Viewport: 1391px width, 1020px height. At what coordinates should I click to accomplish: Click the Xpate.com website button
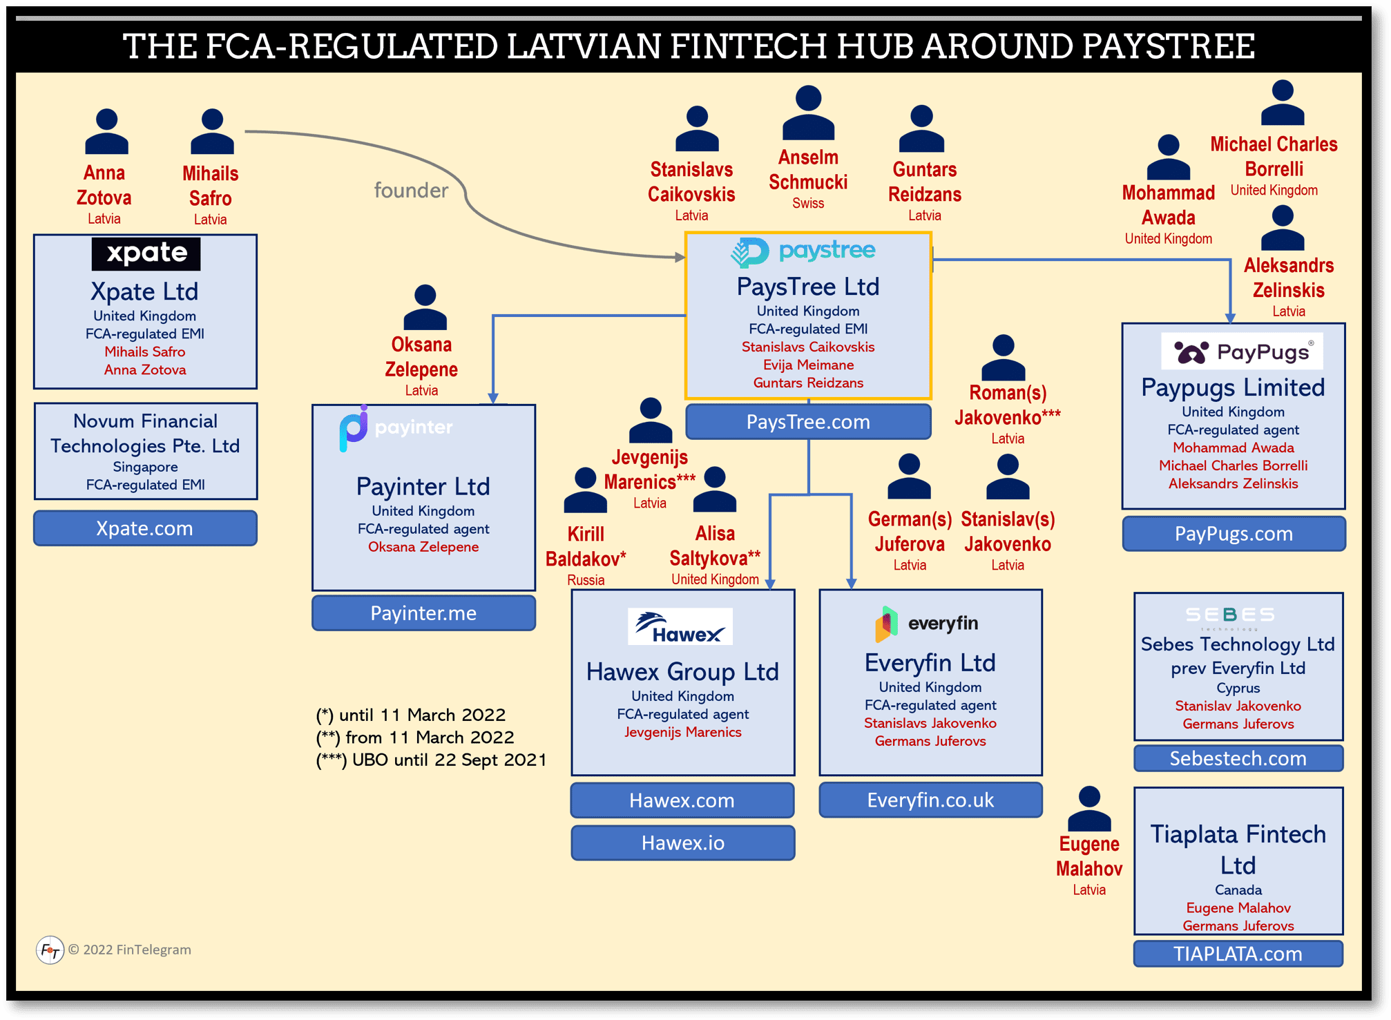click(145, 528)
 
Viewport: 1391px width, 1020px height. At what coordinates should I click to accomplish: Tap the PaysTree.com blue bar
click(808, 422)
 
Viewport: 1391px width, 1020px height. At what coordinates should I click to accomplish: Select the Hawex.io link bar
click(682, 843)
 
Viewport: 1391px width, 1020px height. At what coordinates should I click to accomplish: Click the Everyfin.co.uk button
click(930, 800)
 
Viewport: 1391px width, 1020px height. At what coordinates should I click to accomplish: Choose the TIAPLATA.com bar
click(1238, 954)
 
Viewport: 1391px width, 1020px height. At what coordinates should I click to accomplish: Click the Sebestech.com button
click(1238, 758)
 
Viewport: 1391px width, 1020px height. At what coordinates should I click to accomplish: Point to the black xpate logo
click(146, 253)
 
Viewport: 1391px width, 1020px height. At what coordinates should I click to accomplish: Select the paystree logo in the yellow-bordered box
click(803, 251)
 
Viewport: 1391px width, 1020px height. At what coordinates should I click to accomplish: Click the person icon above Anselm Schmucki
click(808, 113)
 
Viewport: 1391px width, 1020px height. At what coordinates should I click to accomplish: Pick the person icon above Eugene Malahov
click(1089, 809)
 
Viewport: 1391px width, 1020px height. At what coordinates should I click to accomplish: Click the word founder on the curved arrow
click(411, 190)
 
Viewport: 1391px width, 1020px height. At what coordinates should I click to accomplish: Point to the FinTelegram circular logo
click(50, 950)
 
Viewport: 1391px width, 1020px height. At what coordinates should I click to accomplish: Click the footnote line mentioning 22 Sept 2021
click(431, 760)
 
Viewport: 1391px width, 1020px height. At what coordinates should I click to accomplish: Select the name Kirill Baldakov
click(586, 546)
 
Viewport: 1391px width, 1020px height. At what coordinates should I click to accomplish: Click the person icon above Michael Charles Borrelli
click(1283, 103)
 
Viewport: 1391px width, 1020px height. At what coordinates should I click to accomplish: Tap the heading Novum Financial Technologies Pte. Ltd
click(145, 434)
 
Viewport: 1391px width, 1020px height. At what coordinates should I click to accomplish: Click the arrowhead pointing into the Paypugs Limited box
click(1230, 318)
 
